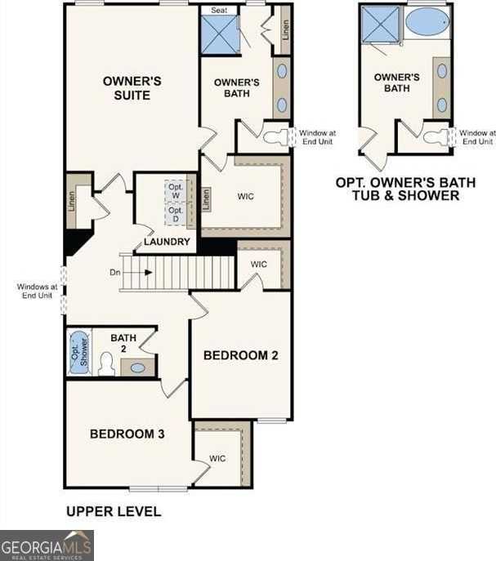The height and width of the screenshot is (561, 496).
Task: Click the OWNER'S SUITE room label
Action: (x=126, y=88)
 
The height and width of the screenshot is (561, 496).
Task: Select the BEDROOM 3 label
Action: (x=127, y=434)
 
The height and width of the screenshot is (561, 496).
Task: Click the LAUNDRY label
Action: (x=167, y=242)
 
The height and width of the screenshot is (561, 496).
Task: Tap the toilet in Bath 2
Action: (x=106, y=364)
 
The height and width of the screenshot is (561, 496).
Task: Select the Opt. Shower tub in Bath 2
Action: (x=78, y=352)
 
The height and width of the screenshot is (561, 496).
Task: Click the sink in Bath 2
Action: (x=138, y=367)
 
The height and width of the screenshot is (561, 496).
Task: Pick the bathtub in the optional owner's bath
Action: (x=426, y=22)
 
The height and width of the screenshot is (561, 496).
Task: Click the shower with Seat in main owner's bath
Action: (x=218, y=35)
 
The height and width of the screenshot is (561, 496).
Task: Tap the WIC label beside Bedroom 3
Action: (x=217, y=459)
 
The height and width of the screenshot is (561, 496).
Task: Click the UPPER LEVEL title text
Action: (x=113, y=512)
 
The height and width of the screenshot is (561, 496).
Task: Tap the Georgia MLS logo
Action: (x=47, y=545)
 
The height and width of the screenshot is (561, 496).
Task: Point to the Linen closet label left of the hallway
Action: (x=71, y=199)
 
